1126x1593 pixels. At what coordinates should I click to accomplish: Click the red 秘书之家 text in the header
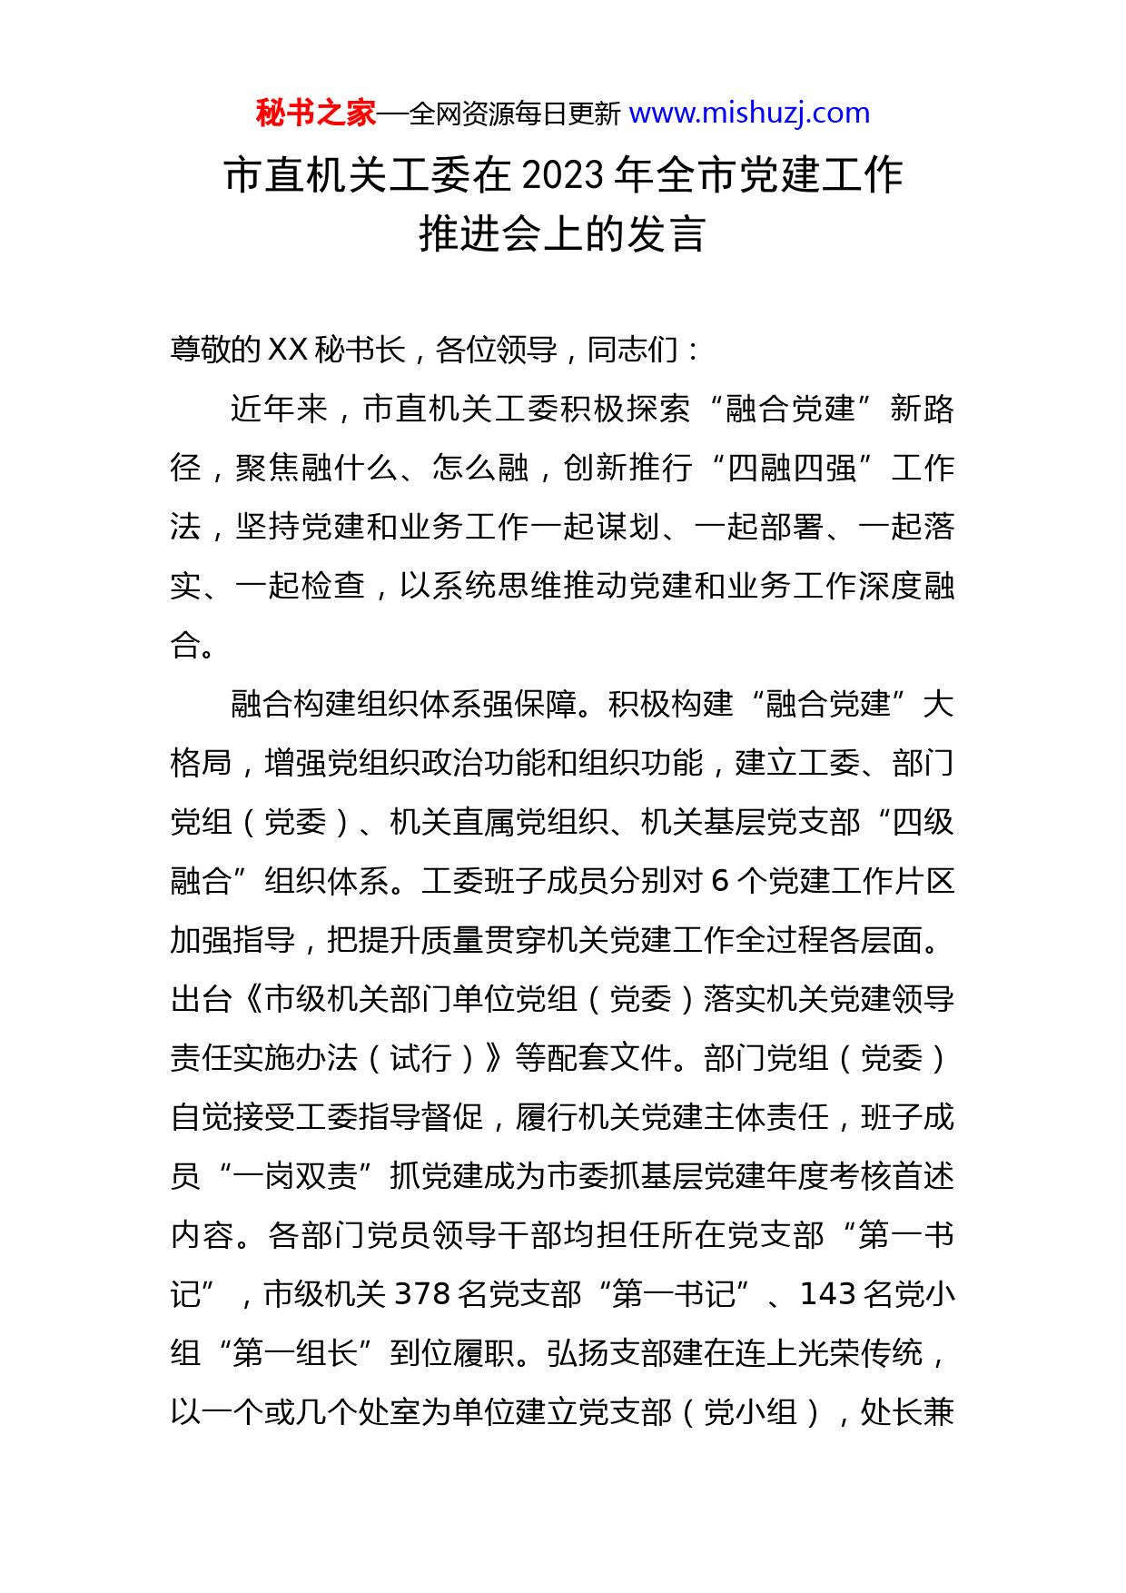tap(315, 114)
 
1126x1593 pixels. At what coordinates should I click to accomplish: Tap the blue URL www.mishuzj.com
tap(749, 114)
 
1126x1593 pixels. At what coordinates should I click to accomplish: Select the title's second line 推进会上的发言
tap(562, 234)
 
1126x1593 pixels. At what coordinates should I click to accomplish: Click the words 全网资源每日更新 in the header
tap(515, 114)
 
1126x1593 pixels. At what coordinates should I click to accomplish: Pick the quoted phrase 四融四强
tap(792, 469)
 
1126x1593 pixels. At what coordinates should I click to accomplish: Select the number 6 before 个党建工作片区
tap(720, 882)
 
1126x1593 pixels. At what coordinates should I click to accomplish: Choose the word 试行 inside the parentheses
tap(420, 1059)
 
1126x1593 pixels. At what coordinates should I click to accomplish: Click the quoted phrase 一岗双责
tap(295, 1177)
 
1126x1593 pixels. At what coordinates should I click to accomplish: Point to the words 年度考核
tap(830, 1177)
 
